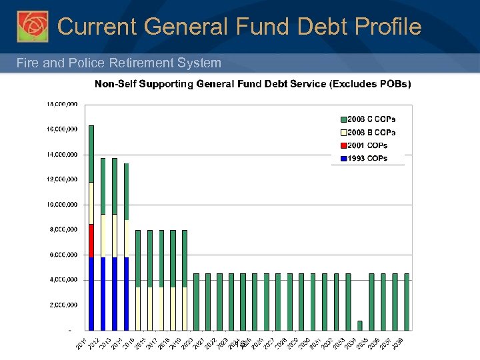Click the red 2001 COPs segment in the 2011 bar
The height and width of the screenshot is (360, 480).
pos(91,241)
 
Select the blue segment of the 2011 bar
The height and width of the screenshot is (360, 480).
pos(91,293)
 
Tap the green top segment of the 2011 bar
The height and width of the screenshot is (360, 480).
pos(91,153)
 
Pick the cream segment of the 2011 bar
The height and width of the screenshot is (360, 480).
pos(91,203)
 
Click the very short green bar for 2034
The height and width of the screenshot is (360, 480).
pos(360,325)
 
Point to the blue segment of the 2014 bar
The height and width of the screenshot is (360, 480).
pos(127,293)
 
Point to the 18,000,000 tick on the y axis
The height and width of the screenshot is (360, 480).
pos(62,104)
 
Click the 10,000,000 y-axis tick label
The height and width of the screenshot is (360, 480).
pos(62,205)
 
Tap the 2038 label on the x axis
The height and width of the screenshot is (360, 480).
pos(397,343)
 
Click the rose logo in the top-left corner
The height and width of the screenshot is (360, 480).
pos(32,27)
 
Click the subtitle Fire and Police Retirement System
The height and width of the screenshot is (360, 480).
pos(119,63)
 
